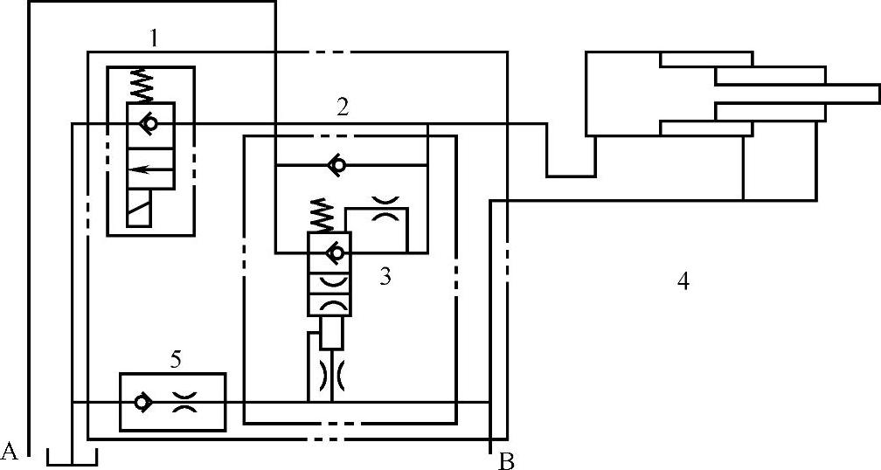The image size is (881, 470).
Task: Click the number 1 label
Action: [x=154, y=38]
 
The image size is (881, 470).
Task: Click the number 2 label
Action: [x=343, y=107]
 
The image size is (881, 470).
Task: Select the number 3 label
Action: [x=385, y=278]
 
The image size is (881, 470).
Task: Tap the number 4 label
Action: [x=683, y=281]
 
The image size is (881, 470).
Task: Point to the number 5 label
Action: [x=176, y=358]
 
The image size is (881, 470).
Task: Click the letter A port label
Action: [x=10, y=451]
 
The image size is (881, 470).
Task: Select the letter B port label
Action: [x=506, y=460]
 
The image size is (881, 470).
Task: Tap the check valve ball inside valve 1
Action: [x=150, y=125]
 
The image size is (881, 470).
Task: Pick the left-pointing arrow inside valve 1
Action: [x=150, y=170]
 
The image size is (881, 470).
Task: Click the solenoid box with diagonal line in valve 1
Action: [x=149, y=209]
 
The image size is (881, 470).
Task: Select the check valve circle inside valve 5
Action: [x=141, y=403]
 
